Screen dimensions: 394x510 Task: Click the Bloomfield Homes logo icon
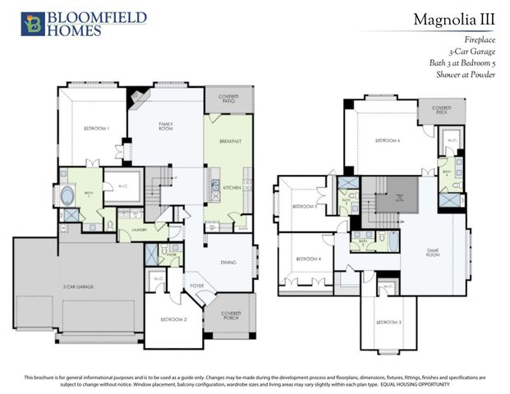31,24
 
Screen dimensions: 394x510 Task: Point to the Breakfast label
230,141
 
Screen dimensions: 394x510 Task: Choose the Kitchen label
232,188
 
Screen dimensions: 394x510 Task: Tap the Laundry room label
136,231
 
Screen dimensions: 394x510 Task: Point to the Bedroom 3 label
389,322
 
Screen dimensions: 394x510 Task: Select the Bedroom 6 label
388,140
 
